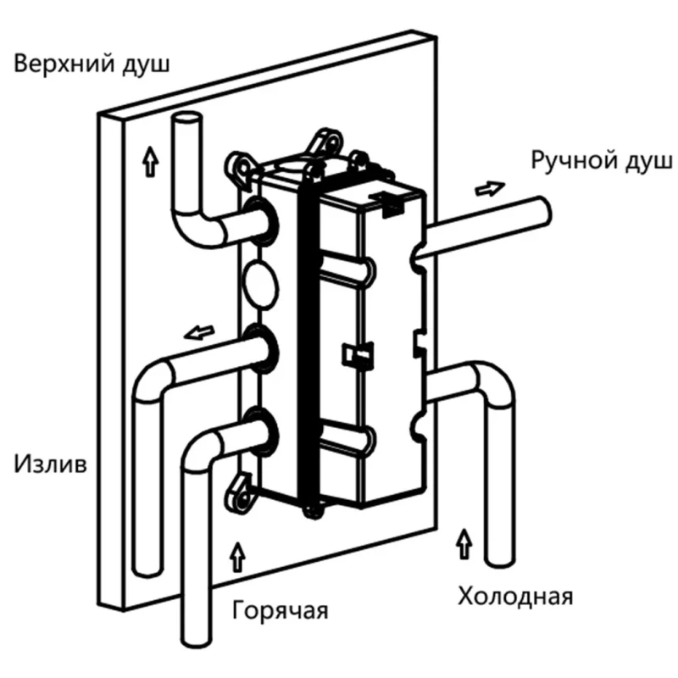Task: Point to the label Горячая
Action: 279,610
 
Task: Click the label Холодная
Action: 515,595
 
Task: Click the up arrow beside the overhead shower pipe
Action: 150,159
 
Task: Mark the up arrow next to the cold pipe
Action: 463,540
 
